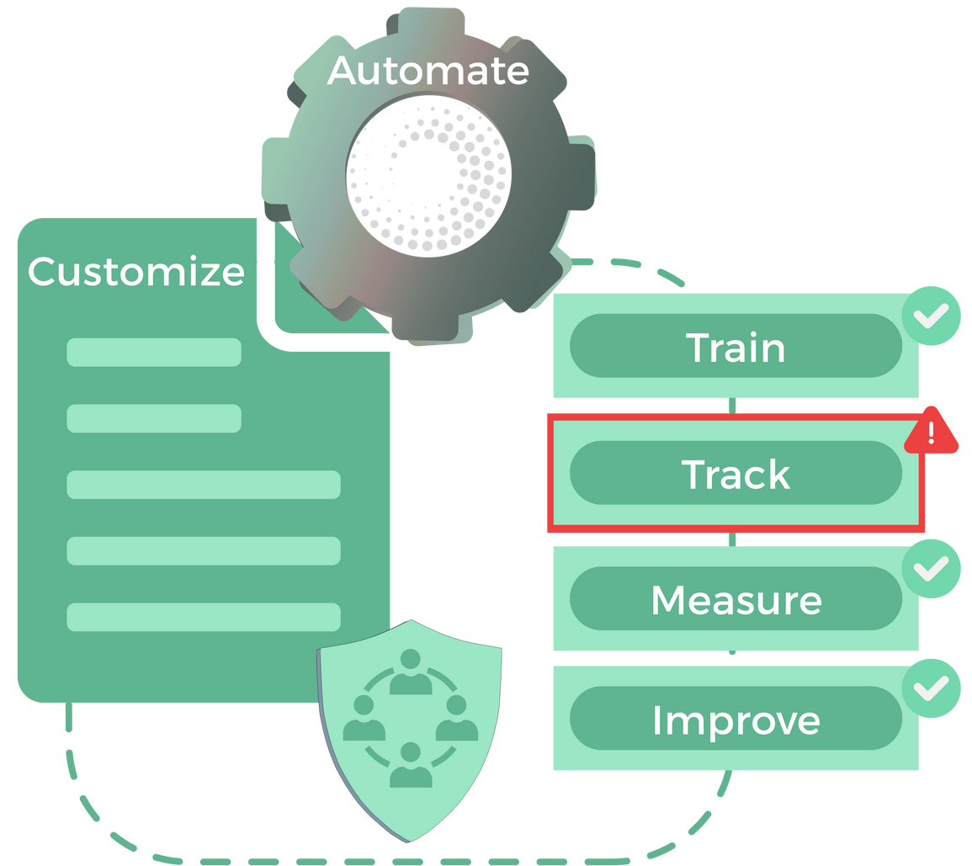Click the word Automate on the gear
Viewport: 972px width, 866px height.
pyautogui.click(x=428, y=71)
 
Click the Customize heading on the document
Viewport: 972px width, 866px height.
pyautogui.click(x=136, y=272)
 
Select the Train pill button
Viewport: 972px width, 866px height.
pyautogui.click(x=736, y=347)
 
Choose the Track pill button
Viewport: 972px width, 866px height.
pyautogui.click(x=736, y=474)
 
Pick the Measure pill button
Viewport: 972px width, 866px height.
pyautogui.click(x=736, y=599)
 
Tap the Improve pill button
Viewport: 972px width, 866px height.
pyautogui.click(x=736, y=720)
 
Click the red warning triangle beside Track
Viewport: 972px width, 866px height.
pyautogui.click(x=932, y=435)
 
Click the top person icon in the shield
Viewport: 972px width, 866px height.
pyautogui.click(x=411, y=672)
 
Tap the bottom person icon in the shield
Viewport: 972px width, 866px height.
pyautogui.click(x=411, y=764)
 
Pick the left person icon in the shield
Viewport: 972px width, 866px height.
pyautogui.click(x=364, y=718)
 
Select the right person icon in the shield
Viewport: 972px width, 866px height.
pyautogui.click(x=457, y=718)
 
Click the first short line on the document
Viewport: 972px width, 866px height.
pyautogui.click(x=154, y=352)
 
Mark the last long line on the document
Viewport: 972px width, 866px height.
pyautogui.click(x=204, y=617)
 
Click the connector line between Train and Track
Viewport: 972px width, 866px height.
pyautogui.click(x=733, y=406)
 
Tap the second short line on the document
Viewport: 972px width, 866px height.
pyautogui.click(x=154, y=418)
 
